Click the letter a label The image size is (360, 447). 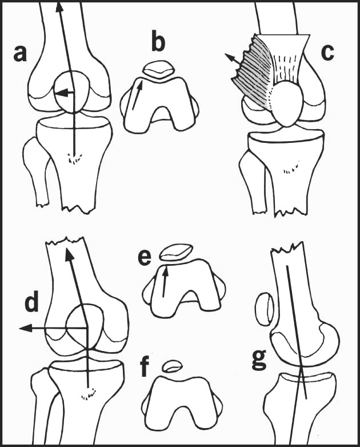coord(20,54)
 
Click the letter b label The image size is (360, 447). coord(158,42)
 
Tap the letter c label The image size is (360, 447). coord(327,53)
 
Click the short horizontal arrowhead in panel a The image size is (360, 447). coord(61,93)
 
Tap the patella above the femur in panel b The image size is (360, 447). coord(158,70)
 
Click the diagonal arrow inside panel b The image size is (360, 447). coord(137,94)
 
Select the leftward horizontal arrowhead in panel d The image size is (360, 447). coord(25,329)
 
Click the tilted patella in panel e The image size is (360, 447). coord(175,252)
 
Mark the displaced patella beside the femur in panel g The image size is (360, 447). coord(265,309)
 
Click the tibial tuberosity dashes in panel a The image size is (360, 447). coord(75,158)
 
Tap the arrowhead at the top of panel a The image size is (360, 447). coord(59,6)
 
